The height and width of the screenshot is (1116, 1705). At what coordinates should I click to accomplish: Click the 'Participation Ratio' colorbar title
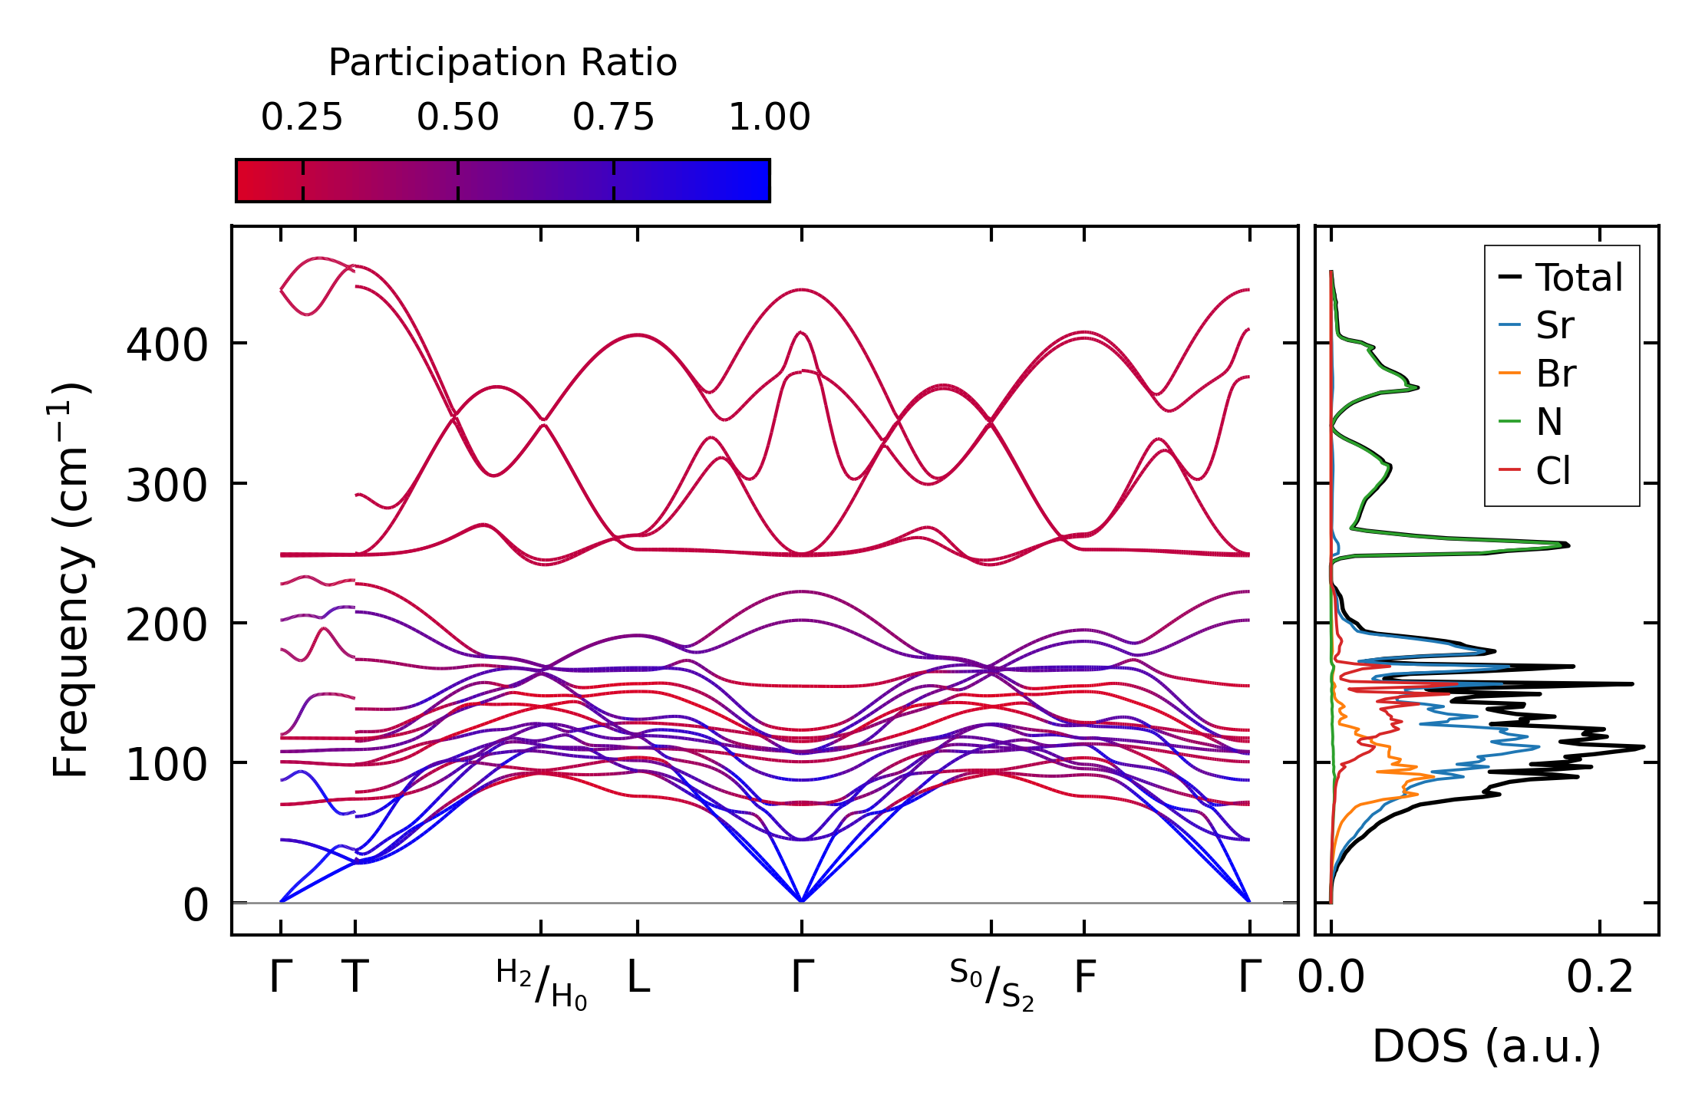(x=503, y=63)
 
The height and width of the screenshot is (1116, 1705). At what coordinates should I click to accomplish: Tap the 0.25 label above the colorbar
(x=302, y=117)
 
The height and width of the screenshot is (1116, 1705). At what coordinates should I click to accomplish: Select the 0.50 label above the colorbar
(x=458, y=117)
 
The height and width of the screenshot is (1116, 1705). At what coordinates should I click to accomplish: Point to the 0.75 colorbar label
(x=613, y=117)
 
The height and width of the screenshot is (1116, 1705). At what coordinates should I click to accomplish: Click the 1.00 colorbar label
(x=769, y=117)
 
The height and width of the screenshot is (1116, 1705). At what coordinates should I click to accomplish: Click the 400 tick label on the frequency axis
(x=167, y=346)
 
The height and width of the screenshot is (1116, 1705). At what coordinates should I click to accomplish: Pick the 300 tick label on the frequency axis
(x=167, y=486)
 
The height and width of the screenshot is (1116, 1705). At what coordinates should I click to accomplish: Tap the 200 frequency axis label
(x=167, y=626)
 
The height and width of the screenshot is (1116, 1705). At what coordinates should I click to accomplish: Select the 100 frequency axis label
(x=167, y=765)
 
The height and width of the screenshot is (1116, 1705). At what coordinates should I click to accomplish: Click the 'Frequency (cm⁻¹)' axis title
(x=71, y=580)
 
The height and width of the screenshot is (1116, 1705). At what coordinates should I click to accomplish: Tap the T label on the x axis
(x=355, y=978)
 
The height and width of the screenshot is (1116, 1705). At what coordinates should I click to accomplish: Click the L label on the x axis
(x=638, y=978)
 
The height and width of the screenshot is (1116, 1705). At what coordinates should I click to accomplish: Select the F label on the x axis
(x=1084, y=978)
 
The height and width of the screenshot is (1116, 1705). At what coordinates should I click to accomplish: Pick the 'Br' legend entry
(x=1555, y=374)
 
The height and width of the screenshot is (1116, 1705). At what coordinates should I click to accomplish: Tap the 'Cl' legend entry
(x=1553, y=471)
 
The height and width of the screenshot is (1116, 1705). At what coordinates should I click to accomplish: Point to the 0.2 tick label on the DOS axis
(x=1600, y=978)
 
